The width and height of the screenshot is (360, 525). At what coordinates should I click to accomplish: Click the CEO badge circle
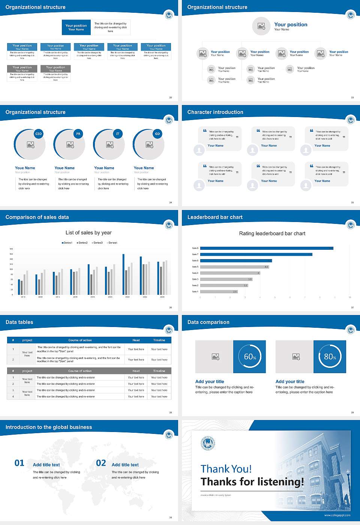[x=38, y=134]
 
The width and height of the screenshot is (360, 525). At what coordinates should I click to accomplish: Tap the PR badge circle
[x=78, y=134]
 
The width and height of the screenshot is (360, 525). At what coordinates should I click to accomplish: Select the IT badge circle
[x=118, y=134]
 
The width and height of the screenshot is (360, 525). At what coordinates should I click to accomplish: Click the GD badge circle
[x=157, y=134]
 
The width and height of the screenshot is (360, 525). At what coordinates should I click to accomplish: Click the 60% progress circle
[x=250, y=357]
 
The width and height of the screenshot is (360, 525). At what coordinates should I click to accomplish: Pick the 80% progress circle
[x=330, y=357]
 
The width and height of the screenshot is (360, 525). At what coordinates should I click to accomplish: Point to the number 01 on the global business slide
[x=19, y=463]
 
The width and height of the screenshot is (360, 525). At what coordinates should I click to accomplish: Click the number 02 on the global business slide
[x=101, y=463]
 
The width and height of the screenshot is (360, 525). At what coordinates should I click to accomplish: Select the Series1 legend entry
[x=67, y=243]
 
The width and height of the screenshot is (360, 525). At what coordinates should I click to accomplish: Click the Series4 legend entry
[x=112, y=243]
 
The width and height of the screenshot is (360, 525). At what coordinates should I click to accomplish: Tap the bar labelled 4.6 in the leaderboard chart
[x=234, y=267]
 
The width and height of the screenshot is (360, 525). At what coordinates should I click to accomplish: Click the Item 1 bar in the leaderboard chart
[x=219, y=291]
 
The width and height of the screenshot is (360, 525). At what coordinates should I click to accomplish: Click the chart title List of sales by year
[x=88, y=233]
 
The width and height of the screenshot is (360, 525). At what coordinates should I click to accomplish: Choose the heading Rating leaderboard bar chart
[x=272, y=234]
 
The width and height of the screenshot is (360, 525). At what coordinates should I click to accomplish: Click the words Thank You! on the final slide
[x=226, y=469]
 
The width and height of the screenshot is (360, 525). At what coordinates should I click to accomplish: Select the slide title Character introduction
[x=215, y=112]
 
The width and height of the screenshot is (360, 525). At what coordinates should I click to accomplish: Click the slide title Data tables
[x=19, y=322]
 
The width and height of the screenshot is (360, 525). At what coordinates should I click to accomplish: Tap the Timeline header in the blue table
[x=159, y=340]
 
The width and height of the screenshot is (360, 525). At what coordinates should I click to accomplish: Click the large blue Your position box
[x=76, y=27]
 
